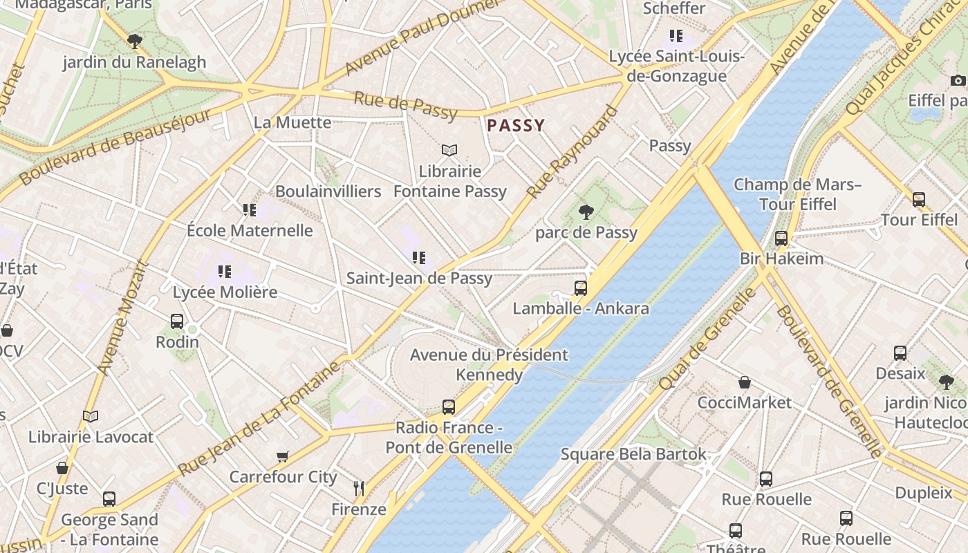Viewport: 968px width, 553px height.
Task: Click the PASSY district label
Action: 516,125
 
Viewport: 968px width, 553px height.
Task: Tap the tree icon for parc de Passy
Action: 586,212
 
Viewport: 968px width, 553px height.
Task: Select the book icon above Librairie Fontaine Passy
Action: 449,150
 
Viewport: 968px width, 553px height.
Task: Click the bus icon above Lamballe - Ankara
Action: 581,288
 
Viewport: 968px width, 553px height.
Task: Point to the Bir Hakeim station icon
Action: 781,238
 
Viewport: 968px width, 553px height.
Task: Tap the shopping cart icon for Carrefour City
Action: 282,456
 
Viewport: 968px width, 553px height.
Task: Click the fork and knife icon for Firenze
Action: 358,489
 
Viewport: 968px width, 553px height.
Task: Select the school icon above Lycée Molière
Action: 224,271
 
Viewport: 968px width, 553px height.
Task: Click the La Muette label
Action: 292,122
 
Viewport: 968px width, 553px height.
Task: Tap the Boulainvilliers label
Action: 328,191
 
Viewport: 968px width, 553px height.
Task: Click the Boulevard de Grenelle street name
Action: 828,381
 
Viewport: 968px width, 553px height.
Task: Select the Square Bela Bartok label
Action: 633,454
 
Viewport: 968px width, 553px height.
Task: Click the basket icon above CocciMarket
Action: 745,382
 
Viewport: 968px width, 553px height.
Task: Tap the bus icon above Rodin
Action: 177,321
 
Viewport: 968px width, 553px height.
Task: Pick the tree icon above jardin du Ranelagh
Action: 135,41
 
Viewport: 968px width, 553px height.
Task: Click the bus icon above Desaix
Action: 900,353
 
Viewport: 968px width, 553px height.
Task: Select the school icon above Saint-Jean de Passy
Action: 419,258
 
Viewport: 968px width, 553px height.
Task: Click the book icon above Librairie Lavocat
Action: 91,416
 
